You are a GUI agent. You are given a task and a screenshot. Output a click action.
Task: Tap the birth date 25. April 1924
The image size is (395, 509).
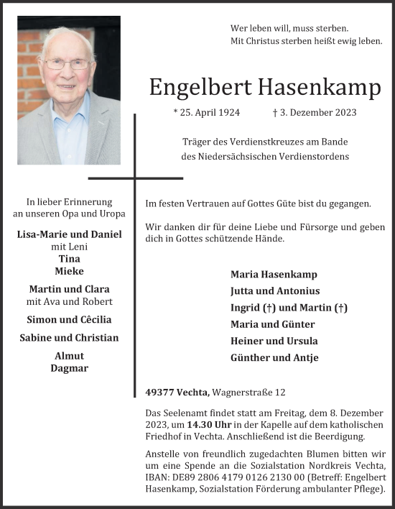[207, 112]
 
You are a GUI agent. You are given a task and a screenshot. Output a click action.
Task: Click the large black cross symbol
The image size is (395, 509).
[135, 176]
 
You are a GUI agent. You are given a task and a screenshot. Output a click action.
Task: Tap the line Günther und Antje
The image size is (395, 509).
[274, 357]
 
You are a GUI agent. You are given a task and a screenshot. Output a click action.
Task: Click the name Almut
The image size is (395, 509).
[69, 356]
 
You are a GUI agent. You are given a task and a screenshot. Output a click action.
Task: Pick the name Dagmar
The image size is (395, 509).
[69, 368]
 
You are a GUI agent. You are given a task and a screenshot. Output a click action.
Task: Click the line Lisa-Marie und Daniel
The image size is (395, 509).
[69, 234]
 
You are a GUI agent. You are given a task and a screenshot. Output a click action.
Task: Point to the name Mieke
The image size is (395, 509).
[69, 271]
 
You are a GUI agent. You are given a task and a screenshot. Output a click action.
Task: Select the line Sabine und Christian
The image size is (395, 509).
[69, 338]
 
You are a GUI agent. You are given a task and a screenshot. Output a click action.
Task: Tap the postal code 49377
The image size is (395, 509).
[159, 392]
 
